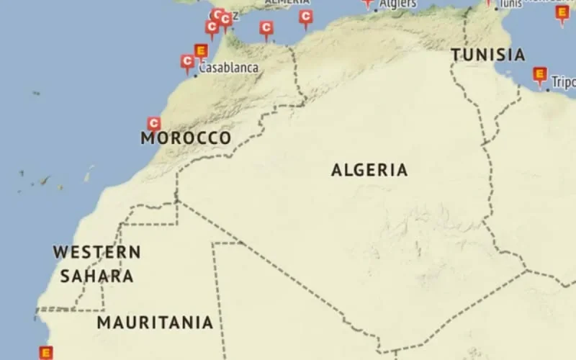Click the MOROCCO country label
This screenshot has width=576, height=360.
(186, 138)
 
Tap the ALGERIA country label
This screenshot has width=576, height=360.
(369, 171)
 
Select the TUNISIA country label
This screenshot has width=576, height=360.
(487, 55)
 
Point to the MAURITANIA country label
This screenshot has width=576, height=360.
(155, 323)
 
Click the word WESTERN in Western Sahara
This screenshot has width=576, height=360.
(96, 253)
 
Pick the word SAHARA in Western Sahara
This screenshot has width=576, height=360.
(96, 276)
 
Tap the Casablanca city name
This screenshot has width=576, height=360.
(229, 68)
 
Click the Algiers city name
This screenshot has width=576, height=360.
(398, 4)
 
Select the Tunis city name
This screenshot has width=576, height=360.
(510, 4)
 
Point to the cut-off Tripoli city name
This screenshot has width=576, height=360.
(564, 83)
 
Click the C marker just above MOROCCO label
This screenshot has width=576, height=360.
(153, 124)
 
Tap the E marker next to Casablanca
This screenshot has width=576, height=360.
(202, 50)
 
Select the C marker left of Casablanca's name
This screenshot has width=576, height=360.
(187, 62)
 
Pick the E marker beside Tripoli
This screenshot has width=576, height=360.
(539, 74)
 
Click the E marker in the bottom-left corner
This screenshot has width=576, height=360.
(46, 353)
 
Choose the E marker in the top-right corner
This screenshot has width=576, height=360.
(562, 12)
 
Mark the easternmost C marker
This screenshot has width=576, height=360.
(306, 17)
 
